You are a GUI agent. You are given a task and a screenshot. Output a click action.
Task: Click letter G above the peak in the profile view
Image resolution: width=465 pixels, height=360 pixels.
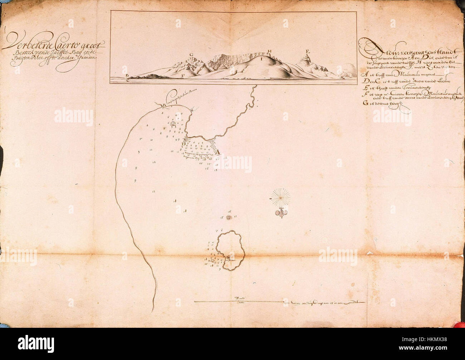pos(192,55)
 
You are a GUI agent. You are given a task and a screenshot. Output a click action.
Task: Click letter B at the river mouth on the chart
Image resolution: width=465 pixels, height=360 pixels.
pos(164,105)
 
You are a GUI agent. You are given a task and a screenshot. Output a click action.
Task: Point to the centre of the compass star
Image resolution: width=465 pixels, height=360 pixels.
pos(281,196)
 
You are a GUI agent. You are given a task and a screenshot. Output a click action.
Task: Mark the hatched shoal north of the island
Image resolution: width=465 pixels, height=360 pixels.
pos(230,217)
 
